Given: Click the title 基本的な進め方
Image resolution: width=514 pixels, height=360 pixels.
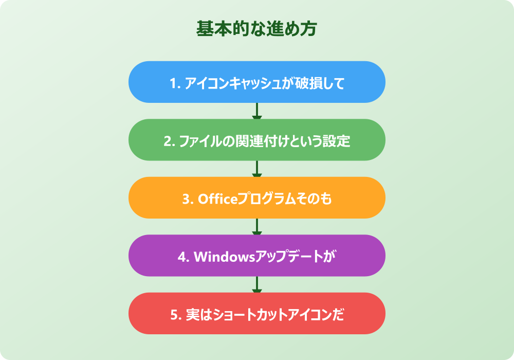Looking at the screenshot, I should point(256,29).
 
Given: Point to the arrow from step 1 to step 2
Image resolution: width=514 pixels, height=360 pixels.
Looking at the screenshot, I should point(257,111).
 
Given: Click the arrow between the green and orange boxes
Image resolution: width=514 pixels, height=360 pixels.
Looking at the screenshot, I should point(257,169).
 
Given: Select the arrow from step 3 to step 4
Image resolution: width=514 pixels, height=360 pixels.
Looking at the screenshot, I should point(257,227).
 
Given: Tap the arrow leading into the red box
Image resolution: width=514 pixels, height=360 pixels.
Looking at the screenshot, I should point(257,284).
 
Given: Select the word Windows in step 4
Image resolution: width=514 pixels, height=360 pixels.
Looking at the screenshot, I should point(224,256).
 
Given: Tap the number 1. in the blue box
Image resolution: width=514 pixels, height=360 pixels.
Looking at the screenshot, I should point(174,83).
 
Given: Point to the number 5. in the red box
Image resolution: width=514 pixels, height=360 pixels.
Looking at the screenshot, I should point(174,314).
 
